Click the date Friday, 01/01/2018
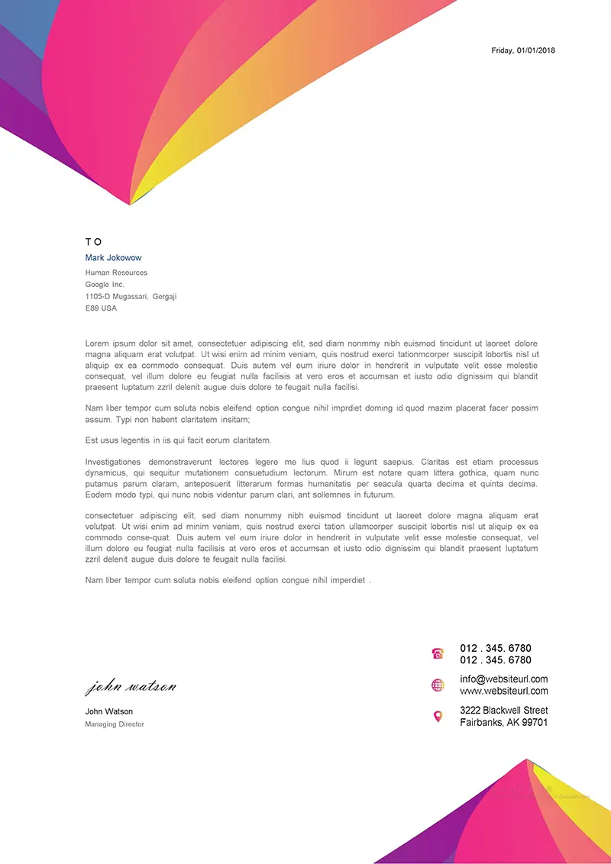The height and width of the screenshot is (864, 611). [523, 50]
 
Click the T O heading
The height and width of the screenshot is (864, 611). [93, 242]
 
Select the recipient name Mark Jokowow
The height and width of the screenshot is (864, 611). [113, 258]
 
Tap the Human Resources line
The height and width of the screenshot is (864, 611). [116, 272]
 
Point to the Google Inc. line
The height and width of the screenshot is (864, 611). [105, 285]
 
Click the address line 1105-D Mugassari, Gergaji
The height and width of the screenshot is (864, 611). [131, 296]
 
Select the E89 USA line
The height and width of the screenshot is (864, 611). [101, 308]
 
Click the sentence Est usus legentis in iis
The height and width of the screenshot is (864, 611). [178, 440]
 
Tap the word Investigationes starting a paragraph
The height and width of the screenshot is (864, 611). [113, 462]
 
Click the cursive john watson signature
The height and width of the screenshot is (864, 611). [131, 687]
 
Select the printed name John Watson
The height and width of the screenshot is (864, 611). [108, 711]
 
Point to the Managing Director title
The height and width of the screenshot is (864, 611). [115, 724]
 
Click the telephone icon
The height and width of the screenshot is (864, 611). [438, 653]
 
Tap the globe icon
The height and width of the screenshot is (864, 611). [438, 685]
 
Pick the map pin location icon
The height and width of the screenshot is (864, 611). [438, 717]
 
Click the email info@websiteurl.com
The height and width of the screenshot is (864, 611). [503, 679]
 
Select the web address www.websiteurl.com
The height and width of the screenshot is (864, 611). [503, 691]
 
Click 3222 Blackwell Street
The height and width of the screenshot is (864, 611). [503, 711]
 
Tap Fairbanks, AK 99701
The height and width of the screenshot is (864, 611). [503, 722]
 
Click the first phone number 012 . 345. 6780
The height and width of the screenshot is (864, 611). [495, 649]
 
